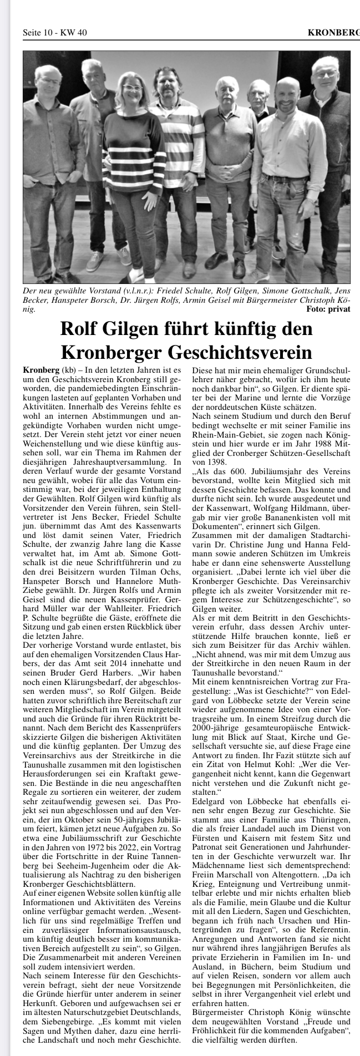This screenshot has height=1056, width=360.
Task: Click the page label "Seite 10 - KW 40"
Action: click(x=54, y=33)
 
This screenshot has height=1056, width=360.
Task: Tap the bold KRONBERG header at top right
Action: click(x=333, y=33)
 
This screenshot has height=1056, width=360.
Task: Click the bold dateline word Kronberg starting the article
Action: click(x=42, y=370)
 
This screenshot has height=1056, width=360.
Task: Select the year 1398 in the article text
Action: click(x=202, y=462)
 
